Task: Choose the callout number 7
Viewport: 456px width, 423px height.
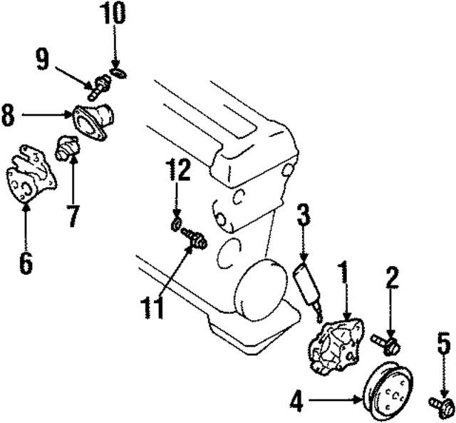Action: [x=72, y=215]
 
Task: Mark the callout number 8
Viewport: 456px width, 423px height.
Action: [x=8, y=115]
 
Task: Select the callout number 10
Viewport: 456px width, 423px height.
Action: [x=114, y=12]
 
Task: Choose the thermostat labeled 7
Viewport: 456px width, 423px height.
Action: [x=67, y=148]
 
